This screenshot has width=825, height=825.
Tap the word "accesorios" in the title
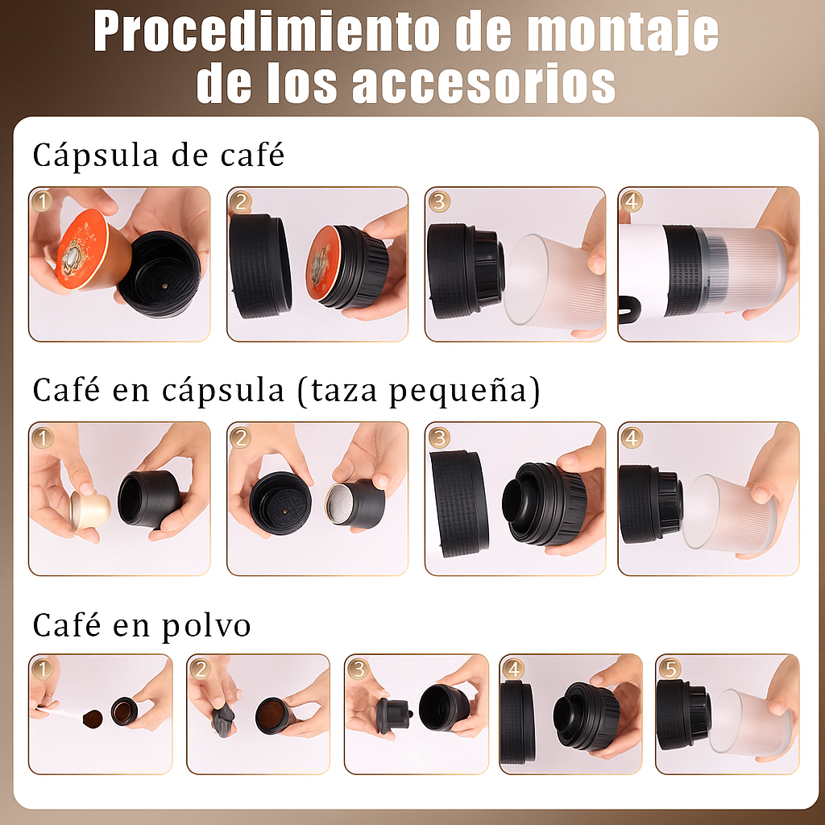tap(483, 83)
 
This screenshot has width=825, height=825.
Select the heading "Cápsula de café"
tap(159, 155)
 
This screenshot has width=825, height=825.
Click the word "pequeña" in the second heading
tap(458, 392)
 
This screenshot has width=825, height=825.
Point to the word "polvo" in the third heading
tap(205, 625)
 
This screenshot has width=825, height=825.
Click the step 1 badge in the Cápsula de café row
tap(43, 201)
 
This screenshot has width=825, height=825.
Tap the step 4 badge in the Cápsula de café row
tap(632, 201)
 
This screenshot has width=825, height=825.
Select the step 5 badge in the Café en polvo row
tap(670, 669)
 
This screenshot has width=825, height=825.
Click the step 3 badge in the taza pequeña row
tap(439, 437)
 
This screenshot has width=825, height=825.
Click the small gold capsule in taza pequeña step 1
tap(90, 510)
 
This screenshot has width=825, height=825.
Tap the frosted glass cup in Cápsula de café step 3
tap(556, 281)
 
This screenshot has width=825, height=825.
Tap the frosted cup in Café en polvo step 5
tap(749, 723)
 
